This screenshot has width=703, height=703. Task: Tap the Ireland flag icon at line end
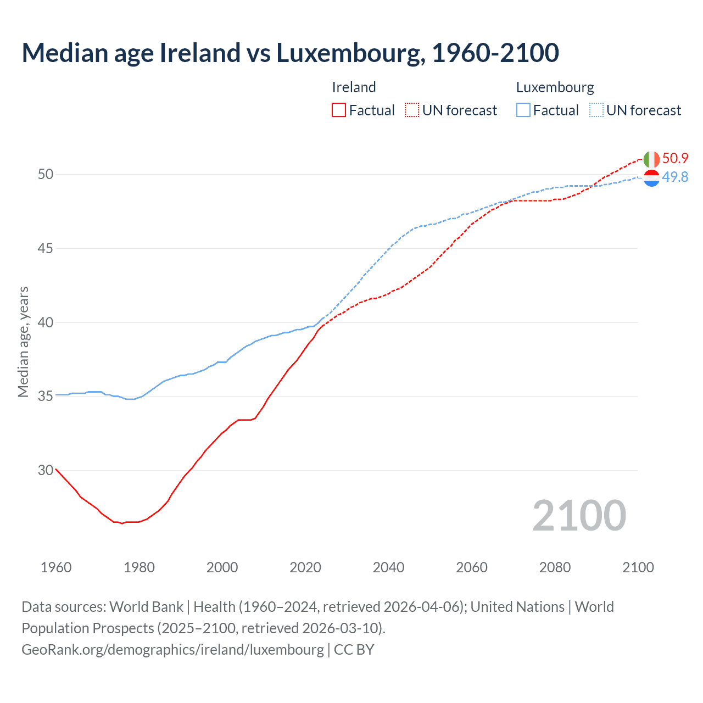coord(651,159)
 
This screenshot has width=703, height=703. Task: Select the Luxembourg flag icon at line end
coord(651,178)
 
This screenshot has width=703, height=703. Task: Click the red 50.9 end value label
coord(675,158)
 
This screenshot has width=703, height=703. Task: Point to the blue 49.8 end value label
coord(675,177)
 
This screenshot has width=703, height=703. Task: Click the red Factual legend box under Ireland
coord(339,110)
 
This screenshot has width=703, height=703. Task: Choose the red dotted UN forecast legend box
coord(412,110)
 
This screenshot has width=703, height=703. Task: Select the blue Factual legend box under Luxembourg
coord(523,110)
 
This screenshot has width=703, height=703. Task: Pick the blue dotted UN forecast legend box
coord(596,110)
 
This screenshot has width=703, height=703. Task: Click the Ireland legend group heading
coord(354,87)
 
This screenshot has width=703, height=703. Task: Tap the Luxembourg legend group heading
coord(555,87)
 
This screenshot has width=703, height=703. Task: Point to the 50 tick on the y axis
coord(46,174)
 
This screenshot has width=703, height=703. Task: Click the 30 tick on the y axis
coord(46,470)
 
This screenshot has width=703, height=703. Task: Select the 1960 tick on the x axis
coord(56,567)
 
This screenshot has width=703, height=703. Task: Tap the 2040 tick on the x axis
coord(388,567)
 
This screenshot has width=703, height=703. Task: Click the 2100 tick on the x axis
coord(638,567)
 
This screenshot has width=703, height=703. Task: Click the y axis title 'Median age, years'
coord(23,342)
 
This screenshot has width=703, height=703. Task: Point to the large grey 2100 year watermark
coord(579,516)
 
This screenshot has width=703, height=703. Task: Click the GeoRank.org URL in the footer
coord(172,649)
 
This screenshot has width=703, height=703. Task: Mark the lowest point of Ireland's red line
coord(122,523)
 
